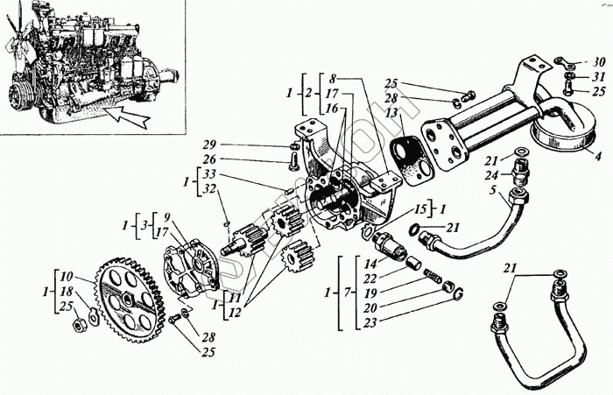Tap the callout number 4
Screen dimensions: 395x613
point(597,159)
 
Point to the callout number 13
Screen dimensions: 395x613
point(391,114)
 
